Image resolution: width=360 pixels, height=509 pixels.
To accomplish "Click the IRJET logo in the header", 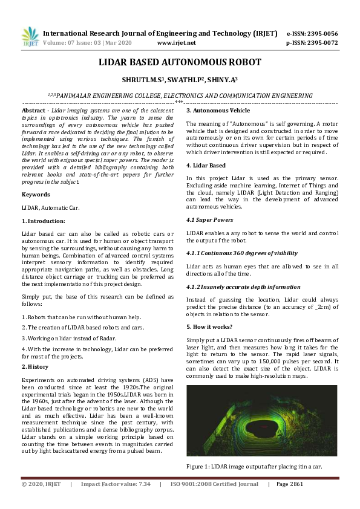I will coord(30,37).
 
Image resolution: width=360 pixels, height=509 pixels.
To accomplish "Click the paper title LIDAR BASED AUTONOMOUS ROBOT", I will coord(180,62).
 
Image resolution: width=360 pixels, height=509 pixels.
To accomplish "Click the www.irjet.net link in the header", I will coord(176,43).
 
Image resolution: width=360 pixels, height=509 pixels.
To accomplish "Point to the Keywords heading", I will coord(36,194).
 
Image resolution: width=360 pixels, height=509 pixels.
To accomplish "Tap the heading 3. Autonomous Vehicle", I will coord(218,111).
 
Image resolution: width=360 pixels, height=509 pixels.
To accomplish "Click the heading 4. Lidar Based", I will coord(206,165).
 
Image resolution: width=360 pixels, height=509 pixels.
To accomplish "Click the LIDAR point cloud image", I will coord(261,421).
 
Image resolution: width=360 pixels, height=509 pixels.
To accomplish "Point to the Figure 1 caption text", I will coord(254,466).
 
